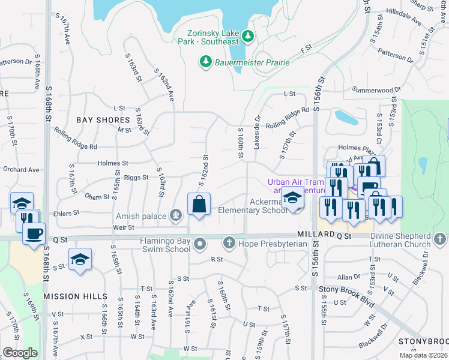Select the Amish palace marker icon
point(176,215)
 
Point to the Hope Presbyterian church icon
point(229,243)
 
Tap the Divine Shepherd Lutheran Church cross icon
point(439,240)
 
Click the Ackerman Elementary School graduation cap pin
point(292,199)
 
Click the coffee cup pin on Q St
point(34,233)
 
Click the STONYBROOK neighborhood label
point(423,341)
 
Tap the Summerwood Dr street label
point(376,90)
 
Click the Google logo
point(20,353)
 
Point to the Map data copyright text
point(424,355)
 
